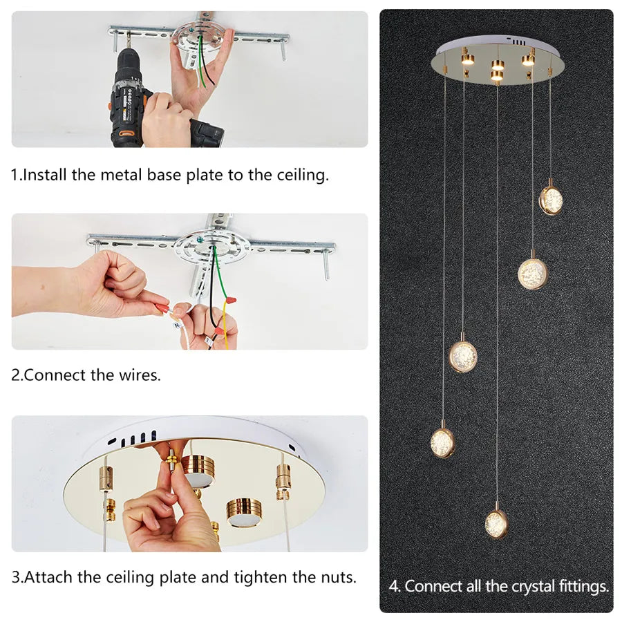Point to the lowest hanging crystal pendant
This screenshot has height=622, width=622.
(x=496, y=523)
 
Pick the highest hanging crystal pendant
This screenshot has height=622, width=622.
(x=551, y=199)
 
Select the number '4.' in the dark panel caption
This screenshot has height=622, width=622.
(x=395, y=586)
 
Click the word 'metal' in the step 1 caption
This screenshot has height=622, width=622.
(x=122, y=175)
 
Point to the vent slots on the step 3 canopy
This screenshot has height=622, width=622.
(x=132, y=439)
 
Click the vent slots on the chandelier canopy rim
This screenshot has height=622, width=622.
(x=517, y=41)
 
